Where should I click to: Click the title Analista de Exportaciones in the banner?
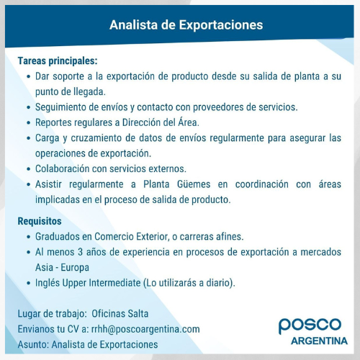(186, 25)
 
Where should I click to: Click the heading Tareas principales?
(58, 61)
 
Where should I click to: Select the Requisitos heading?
(40, 221)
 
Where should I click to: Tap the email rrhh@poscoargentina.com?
(145, 329)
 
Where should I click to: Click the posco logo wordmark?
(310, 325)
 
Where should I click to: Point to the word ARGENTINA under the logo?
(319, 341)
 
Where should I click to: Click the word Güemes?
(194, 184)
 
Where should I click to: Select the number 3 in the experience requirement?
(80, 252)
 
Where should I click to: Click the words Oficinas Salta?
(120, 314)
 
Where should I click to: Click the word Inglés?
(48, 283)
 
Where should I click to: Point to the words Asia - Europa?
(62, 267)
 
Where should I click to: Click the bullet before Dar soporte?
(29, 77)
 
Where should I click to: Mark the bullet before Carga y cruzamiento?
(29, 138)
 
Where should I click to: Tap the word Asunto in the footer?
(33, 345)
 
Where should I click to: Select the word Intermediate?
(114, 283)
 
